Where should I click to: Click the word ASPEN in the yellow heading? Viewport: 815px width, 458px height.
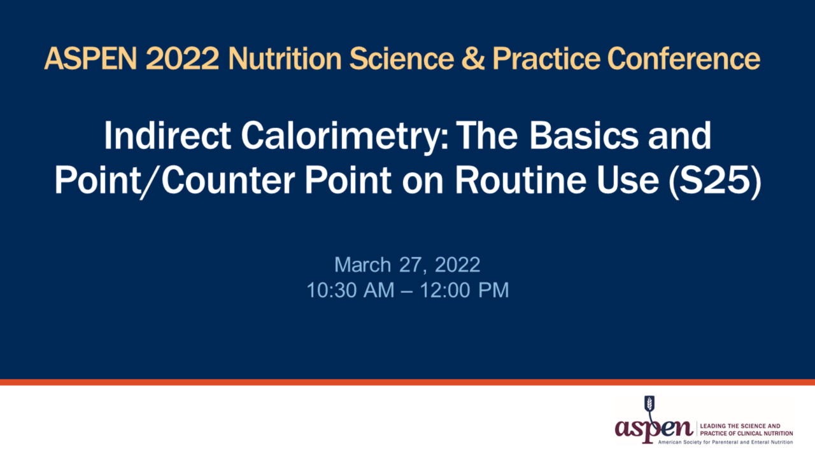pos(90,59)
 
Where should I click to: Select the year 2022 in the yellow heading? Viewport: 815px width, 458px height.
pos(182,59)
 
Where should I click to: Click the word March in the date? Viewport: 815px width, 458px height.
pos(362,264)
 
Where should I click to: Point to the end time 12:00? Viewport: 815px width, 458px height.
pos(444,290)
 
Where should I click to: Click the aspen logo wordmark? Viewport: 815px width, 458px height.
pos(653,427)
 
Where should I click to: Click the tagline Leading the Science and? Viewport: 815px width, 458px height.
pos(739,425)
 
